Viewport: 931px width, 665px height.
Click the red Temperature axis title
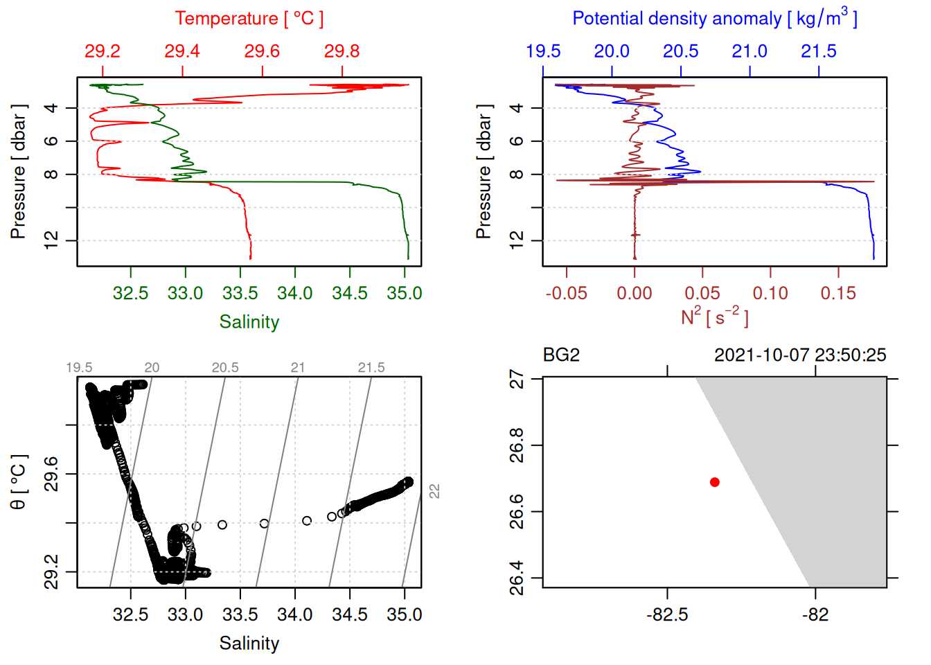click(x=249, y=19)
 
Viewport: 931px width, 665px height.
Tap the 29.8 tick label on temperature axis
click(x=342, y=51)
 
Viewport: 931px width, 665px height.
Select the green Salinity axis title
click(x=249, y=322)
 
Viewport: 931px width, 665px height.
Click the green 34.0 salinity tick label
click(x=295, y=294)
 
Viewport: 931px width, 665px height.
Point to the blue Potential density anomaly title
click(x=714, y=18)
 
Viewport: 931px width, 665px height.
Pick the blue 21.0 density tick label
click(x=750, y=51)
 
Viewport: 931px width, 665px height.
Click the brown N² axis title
click(x=714, y=317)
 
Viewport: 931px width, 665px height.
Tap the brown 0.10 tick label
click(x=770, y=294)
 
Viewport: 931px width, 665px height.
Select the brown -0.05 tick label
click(x=566, y=294)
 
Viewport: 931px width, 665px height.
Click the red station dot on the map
click(x=715, y=482)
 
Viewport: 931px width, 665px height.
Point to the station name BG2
click(x=561, y=355)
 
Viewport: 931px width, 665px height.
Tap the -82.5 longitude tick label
click(x=667, y=615)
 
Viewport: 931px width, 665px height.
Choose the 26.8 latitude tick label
click(x=517, y=445)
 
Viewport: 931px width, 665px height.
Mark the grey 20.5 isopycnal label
click(x=225, y=368)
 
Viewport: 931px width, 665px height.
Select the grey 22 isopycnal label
click(x=434, y=491)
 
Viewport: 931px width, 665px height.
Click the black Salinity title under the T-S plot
click(x=249, y=644)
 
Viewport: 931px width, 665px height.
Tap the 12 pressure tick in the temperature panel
click(x=51, y=240)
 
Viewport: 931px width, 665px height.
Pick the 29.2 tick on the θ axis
click(x=51, y=572)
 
